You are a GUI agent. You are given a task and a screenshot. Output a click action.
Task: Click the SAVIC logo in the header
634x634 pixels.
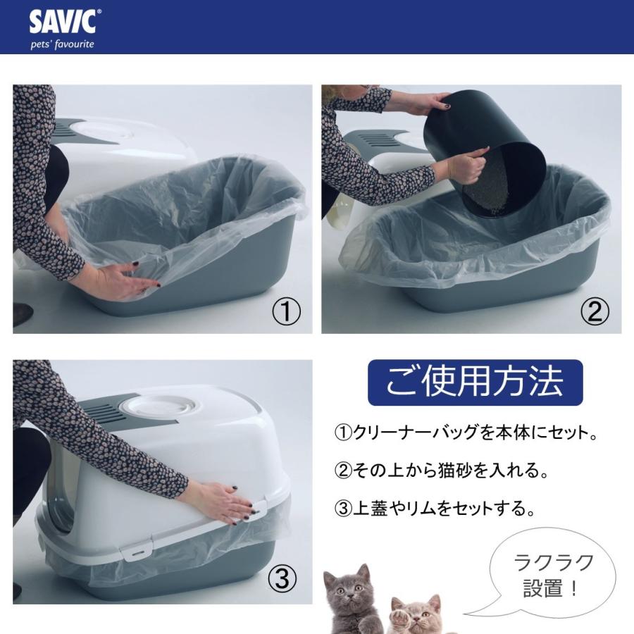point(62,22)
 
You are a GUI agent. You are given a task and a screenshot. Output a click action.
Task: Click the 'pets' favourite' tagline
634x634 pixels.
point(61,44)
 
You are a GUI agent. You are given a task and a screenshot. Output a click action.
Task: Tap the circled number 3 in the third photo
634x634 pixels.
point(281,579)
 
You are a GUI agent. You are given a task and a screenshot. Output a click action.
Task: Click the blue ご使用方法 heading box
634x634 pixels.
point(475,383)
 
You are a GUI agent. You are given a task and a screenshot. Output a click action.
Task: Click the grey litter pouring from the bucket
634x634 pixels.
point(500,190)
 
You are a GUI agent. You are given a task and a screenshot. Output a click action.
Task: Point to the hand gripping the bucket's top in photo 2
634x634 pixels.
point(428,104)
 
